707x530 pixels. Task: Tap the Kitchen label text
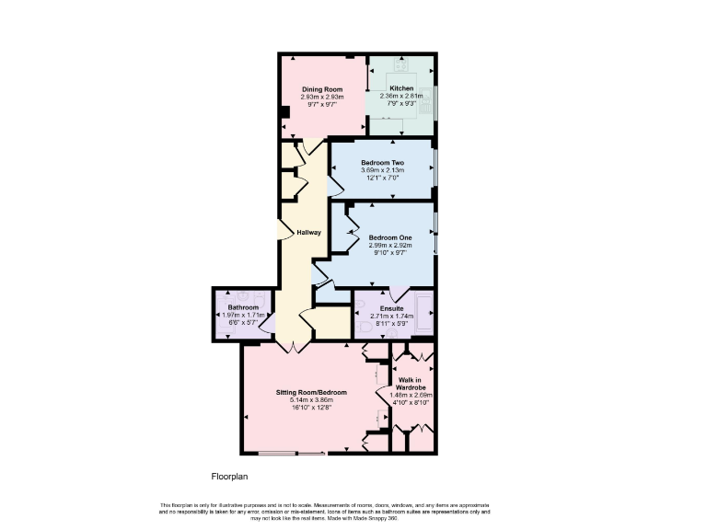click(x=401, y=88)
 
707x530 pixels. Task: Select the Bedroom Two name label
click(x=382, y=163)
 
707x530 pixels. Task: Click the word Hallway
click(x=308, y=232)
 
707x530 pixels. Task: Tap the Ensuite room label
click(x=392, y=308)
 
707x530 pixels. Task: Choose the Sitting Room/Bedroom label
click(x=311, y=393)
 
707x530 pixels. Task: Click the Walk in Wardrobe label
click(x=410, y=384)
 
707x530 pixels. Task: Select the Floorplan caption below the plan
click(x=230, y=477)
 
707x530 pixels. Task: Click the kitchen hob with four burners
click(x=402, y=64)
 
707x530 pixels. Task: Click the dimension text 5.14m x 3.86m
click(x=311, y=400)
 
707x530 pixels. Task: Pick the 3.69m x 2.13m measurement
click(x=382, y=170)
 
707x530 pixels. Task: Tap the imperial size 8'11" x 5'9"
click(x=392, y=324)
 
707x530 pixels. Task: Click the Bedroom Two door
click(x=336, y=189)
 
